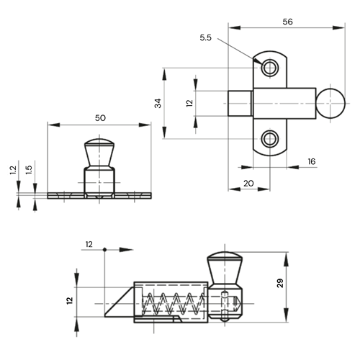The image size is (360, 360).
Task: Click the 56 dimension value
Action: [x=287, y=22]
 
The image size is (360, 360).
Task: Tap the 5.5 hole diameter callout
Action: [x=206, y=37]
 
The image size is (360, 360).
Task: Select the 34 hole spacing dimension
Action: [x=158, y=103]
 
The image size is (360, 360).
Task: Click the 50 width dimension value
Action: [x=100, y=118]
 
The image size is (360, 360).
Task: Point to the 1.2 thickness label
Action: [x=13, y=170]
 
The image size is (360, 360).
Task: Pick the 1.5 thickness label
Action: [x=29, y=170]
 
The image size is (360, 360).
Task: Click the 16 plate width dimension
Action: [x=312, y=161]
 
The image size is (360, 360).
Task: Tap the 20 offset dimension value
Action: [x=248, y=184]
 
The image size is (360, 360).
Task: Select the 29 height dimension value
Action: [x=280, y=283]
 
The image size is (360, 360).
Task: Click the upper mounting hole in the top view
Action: [x=270, y=68]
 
